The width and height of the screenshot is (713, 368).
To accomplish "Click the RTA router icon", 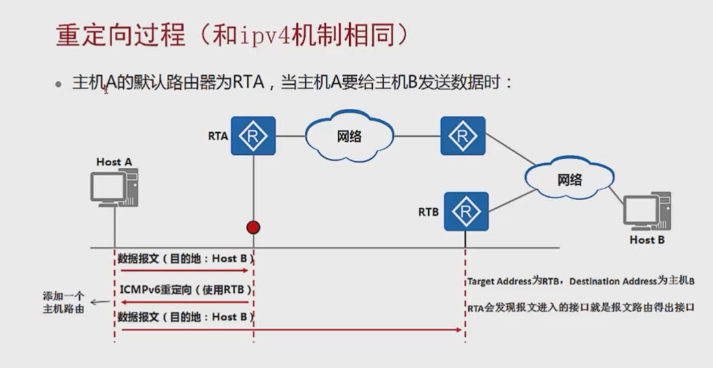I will coord(253,135).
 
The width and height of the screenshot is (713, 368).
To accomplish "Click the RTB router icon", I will coord(466,211).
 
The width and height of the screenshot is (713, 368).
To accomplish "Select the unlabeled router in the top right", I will coord(463,135).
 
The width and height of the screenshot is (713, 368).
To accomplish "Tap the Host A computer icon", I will coord(114,187).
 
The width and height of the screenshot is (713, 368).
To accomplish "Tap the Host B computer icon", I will coord(646,211).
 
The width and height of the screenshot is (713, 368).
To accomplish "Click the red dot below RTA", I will coord(253,227).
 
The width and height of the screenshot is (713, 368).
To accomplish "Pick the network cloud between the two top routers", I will coord(349,137).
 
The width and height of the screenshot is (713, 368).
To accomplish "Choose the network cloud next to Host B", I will coord(569,179).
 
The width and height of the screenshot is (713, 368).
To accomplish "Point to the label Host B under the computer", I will coord(647,240).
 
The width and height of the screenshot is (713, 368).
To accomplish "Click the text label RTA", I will coord(218,136).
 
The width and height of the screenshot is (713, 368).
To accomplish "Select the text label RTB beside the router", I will coord(428,211).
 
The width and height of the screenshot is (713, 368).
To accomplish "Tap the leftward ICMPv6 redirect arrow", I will coord(185,302).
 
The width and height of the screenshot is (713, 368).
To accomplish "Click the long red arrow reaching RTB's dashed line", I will coord(292,330).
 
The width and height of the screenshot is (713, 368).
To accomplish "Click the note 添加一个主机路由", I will coord(63,303).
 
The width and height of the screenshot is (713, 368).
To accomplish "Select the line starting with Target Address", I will coord(581,282).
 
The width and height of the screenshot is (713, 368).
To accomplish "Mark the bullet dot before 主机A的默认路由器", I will coord(59,84).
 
